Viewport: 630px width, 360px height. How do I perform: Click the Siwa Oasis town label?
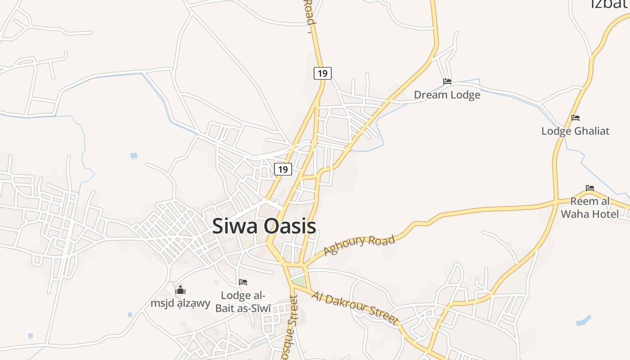point(264,226)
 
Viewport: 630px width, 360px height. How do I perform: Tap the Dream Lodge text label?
point(447,95)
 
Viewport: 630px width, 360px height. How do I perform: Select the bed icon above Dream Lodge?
point(447,81)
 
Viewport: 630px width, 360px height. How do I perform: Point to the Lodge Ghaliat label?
point(575,131)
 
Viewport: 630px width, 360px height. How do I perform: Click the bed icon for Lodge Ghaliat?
point(576,118)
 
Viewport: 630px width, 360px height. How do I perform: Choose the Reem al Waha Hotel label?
point(590,207)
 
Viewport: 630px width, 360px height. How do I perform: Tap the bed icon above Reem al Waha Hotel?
point(590,188)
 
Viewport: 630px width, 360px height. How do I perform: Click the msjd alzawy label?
point(180,303)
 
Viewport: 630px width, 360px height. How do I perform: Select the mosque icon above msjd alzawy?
point(180,290)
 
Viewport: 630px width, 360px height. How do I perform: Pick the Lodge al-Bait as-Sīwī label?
point(243,302)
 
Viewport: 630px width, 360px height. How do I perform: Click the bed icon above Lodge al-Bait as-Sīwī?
point(243,282)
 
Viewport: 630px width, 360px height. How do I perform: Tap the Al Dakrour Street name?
point(355,308)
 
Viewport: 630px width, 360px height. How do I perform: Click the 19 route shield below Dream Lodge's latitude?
point(283,169)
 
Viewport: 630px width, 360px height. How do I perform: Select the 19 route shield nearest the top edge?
point(322,73)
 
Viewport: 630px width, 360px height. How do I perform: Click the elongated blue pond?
point(583,320)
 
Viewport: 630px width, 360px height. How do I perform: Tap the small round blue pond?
point(130,315)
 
